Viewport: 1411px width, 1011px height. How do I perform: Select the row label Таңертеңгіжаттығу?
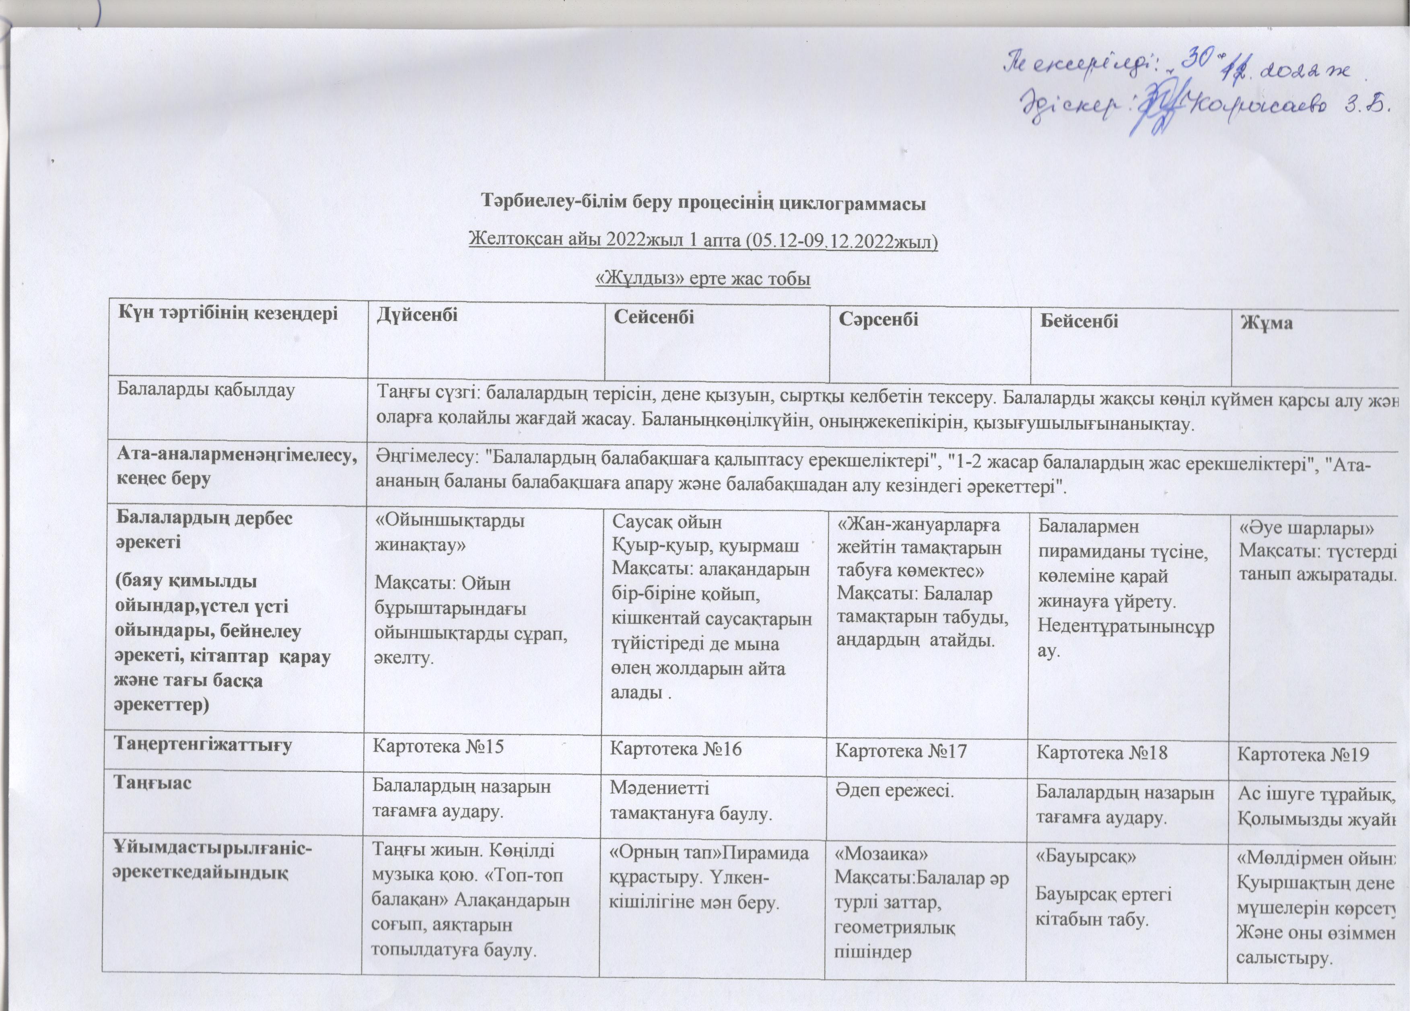203,745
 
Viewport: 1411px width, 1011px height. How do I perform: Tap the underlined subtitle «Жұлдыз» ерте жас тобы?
703,279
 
